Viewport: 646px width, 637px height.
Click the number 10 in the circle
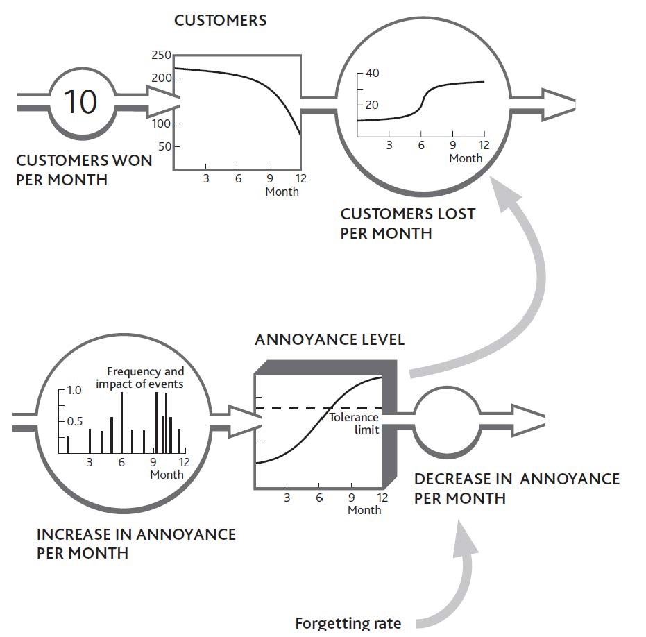pos(80,101)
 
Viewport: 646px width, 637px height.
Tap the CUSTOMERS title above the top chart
pos(220,20)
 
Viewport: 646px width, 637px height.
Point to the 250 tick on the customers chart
pos(161,56)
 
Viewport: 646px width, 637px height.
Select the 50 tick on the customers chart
pos(164,147)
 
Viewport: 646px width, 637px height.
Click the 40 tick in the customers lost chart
pos(373,73)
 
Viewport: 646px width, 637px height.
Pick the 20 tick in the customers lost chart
pos(373,105)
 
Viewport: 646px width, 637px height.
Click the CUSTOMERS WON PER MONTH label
pos(83,170)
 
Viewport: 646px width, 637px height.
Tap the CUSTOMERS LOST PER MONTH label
pos(407,223)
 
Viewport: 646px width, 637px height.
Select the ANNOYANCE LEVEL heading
pos(330,340)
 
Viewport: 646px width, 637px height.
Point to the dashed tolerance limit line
pos(291,409)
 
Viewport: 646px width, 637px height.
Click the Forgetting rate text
pos(348,622)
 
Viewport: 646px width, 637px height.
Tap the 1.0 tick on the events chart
pos(73,391)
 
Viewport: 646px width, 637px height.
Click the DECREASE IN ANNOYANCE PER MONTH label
pos(516,489)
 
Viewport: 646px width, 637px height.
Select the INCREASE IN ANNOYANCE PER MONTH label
pos(135,544)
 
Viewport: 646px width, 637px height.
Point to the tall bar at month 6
pos(122,423)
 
